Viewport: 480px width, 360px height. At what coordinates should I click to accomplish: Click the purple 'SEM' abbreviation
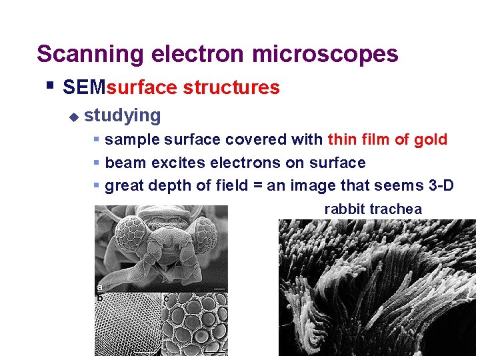79,87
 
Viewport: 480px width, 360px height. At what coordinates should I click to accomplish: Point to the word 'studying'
123,115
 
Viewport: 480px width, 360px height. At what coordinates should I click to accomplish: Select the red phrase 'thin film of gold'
387,139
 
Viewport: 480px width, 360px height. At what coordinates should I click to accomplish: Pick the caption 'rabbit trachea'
373,209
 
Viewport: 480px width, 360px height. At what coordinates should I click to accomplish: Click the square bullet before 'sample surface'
97,140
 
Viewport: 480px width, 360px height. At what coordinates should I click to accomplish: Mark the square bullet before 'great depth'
97,185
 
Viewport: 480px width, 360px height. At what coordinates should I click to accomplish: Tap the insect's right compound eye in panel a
201,235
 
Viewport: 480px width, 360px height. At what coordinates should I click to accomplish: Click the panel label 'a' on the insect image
99,287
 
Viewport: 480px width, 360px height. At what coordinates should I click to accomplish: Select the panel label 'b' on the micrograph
99,297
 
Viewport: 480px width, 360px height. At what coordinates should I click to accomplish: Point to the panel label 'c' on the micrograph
165,298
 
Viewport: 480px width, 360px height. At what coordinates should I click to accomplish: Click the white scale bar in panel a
218,288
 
